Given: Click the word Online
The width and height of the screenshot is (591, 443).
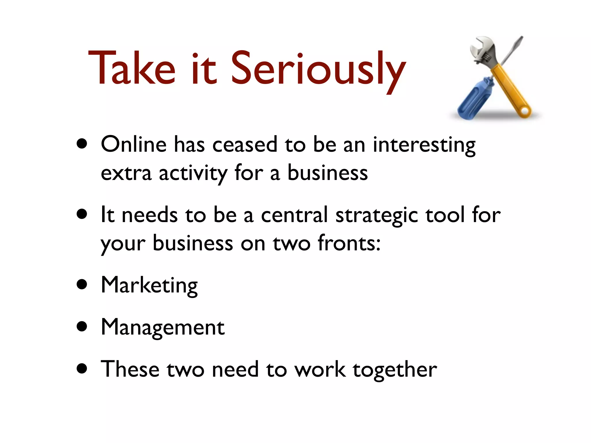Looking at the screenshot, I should tap(134, 144).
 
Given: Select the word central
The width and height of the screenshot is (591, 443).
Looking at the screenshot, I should tap(294, 215).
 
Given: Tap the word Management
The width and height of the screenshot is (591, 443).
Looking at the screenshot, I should tap(162, 328).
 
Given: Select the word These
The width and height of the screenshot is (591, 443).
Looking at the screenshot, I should tap(130, 369).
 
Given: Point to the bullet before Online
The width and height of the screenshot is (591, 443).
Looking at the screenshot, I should tap(82, 144).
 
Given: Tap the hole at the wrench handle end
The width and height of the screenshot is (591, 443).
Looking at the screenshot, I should tap(526, 111).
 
